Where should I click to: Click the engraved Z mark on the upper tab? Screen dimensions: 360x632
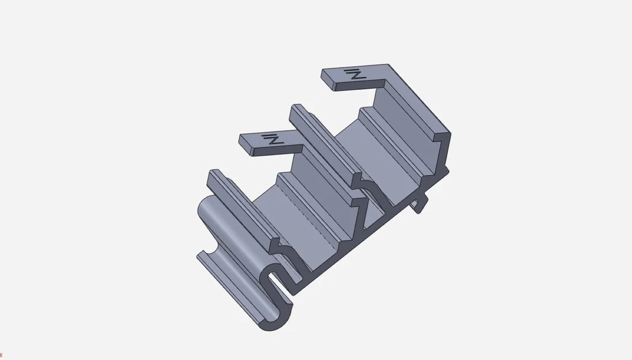[x=355, y=74]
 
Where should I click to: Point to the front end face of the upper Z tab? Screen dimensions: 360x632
[x=328, y=84]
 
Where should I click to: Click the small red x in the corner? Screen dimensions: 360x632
[x=1, y=355]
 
